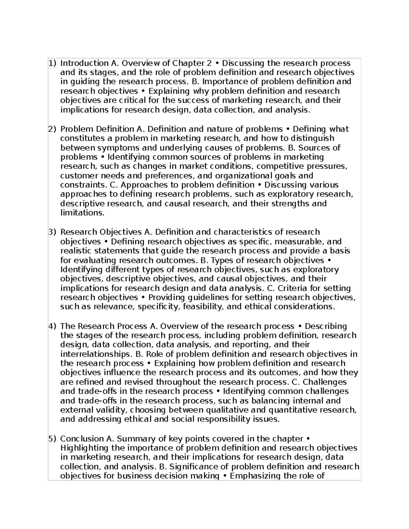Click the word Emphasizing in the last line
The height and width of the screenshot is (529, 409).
255,476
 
